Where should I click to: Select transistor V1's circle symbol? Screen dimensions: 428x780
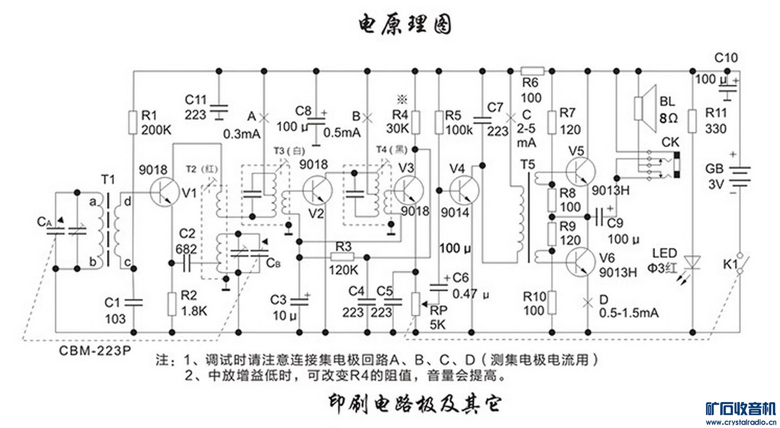tap(164, 192)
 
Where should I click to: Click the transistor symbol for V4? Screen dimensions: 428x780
tap(464, 190)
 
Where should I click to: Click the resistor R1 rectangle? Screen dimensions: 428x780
tap(133, 122)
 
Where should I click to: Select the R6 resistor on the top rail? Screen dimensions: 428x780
tap(532, 71)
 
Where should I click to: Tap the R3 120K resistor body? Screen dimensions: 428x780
tap(343, 257)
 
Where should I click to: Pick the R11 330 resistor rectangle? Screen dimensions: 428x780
tap(693, 121)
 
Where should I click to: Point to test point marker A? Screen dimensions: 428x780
tap(264, 118)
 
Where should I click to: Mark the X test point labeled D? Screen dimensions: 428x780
tap(587, 303)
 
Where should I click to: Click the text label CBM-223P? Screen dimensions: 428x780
tap(95, 350)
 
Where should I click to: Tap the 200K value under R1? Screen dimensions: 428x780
tap(156, 130)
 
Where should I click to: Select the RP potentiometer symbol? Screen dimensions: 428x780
tap(416, 303)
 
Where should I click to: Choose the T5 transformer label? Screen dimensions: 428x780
tap(528, 165)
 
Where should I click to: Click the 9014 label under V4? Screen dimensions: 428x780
tap(454, 212)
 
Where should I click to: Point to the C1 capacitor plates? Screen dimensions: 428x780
tap(133, 303)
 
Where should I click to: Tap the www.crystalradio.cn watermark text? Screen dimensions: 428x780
tap(741, 422)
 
